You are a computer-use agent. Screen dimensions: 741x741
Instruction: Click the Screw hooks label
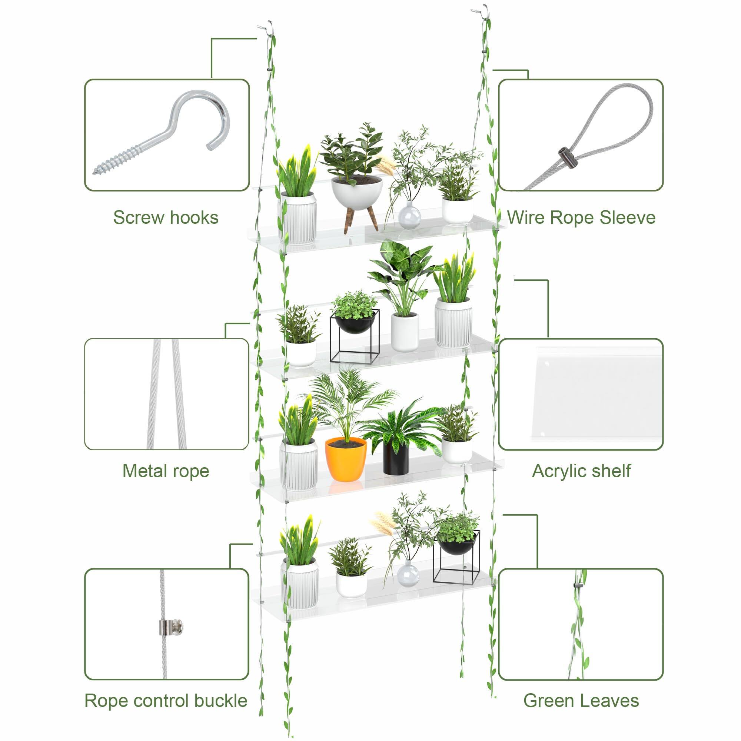(x=166, y=217)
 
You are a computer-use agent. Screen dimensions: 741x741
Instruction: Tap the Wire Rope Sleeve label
(x=581, y=217)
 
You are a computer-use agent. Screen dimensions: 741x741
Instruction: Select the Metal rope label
(x=166, y=471)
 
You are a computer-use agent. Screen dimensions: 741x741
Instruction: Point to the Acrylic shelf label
(x=581, y=471)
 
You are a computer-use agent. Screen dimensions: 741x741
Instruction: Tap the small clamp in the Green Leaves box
(x=576, y=585)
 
